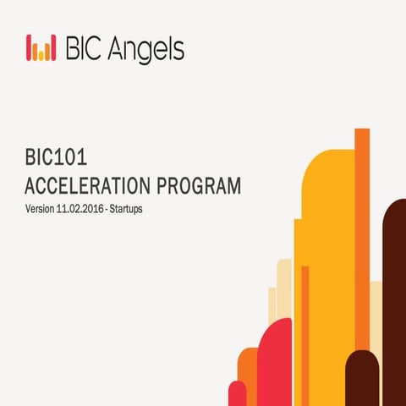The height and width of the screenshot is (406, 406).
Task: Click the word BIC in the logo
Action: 87,48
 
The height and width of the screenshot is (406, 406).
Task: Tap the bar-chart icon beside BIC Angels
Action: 41,48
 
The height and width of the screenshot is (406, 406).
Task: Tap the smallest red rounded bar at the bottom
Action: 238,394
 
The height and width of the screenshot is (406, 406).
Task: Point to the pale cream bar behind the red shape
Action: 283,288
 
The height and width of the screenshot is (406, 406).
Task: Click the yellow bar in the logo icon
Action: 40,52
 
